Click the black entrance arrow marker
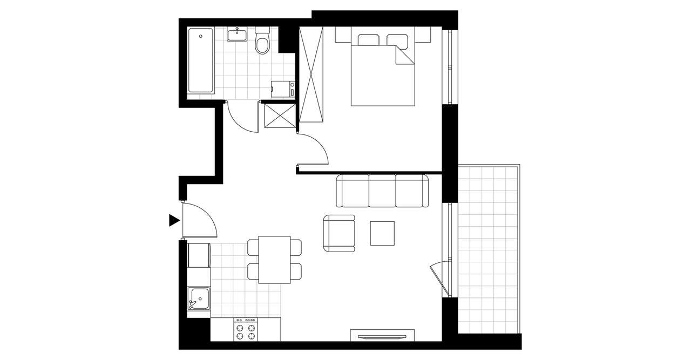coord(174,220)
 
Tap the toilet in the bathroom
coord(262,43)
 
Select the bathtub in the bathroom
coord(200,60)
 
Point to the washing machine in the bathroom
coord(283,89)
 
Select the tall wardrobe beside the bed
coord(311,74)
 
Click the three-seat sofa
coord(382,191)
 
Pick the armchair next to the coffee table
coord(339,233)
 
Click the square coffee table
coord(382,233)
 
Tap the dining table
coord(274,260)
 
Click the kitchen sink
coord(198,298)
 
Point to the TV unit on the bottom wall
coord(382,336)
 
